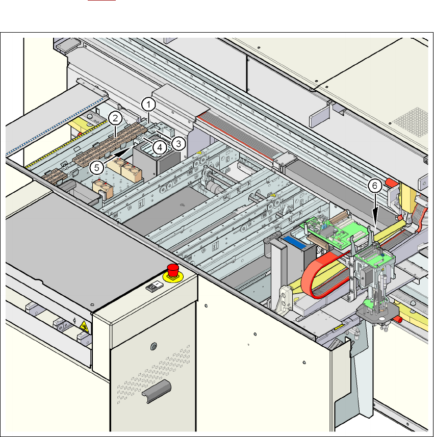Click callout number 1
(x=148, y=105)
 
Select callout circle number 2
(x=115, y=118)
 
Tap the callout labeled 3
(x=178, y=144)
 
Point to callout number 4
(x=160, y=147)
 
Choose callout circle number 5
(x=96, y=168)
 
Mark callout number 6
(x=375, y=186)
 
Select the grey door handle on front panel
(x=157, y=391)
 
